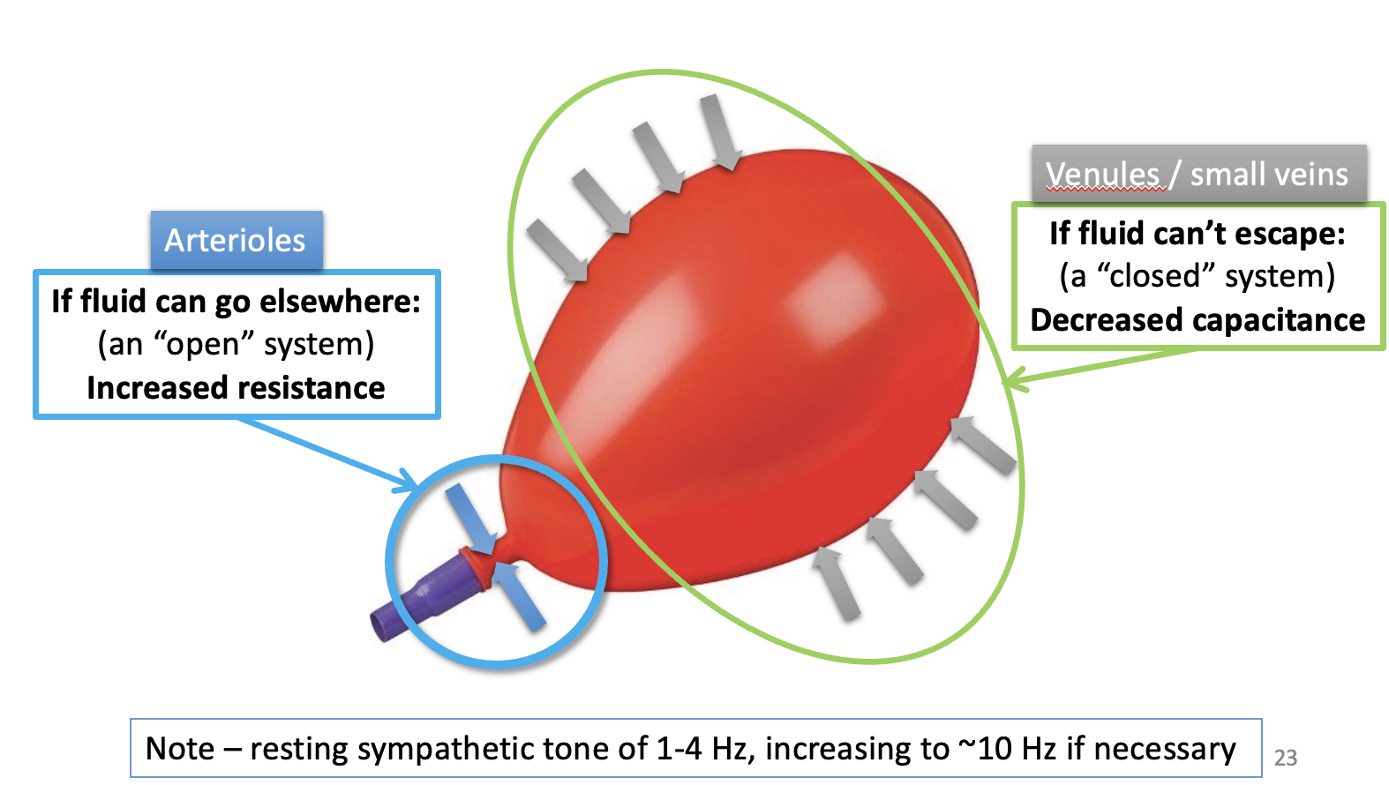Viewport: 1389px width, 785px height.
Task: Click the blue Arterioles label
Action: [235, 240]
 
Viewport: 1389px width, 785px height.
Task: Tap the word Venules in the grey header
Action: [1103, 175]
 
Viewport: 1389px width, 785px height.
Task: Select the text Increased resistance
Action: [236, 388]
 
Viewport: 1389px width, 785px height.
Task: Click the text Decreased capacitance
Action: [1198, 320]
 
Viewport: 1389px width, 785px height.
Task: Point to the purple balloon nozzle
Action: [424, 598]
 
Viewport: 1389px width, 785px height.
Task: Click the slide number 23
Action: [1286, 758]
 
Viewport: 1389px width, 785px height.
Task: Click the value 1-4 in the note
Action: [679, 749]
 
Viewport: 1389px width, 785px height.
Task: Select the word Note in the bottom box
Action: [180, 749]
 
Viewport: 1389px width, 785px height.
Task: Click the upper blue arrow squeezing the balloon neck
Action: [468, 516]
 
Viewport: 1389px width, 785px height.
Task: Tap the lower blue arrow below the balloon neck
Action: [519, 596]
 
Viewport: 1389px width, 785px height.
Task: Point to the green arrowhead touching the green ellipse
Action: [1015, 383]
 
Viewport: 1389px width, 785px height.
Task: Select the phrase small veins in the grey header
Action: [1269, 175]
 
